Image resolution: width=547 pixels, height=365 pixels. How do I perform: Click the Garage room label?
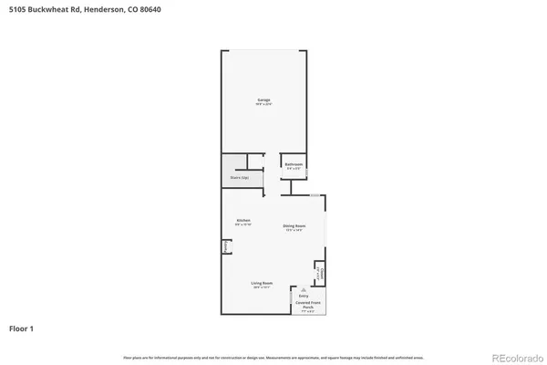pyautogui.click(x=263, y=99)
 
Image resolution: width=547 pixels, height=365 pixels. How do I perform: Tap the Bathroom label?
pyautogui.click(x=294, y=164)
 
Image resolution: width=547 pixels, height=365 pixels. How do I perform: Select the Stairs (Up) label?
pyautogui.click(x=240, y=177)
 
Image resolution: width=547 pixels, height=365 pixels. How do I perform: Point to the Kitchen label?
pyautogui.click(x=243, y=220)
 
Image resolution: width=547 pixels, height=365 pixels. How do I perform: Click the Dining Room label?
pyautogui.click(x=294, y=225)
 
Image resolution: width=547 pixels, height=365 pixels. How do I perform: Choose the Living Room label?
pyautogui.click(x=263, y=284)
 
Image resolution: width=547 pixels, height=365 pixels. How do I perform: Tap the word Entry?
pyautogui.click(x=304, y=296)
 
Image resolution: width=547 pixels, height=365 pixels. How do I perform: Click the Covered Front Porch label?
pyautogui.click(x=306, y=305)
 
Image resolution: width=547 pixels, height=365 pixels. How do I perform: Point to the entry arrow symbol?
pyautogui.click(x=304, y=287)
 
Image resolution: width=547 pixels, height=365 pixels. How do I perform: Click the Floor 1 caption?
pyautogui.click(x=23, y=327)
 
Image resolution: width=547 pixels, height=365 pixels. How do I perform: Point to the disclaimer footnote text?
pyautogui.click(x=273, y=357)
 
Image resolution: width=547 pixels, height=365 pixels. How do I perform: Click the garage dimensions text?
pyautogui.click(x=263, y=104)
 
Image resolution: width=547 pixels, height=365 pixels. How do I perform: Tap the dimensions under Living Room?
pyautogui.click(x=263, y=288)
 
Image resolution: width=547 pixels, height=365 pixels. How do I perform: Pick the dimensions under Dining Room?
pyautogui.click(x=294, y=230)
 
